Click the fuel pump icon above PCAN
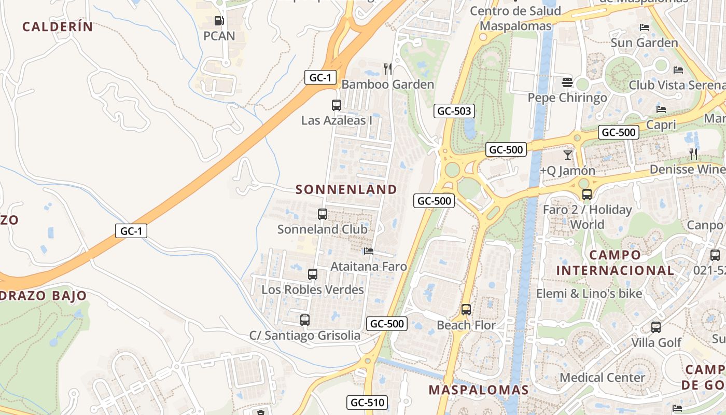coord(219,21)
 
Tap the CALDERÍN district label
coord(58,27)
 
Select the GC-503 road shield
coord(454,111)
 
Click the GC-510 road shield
coord(367,403)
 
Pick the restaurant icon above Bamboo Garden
coord(388,68)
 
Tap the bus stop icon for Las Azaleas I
coord(337,105)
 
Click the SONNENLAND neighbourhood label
coord(346,189)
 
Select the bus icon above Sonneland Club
coord(323,214)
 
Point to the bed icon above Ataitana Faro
coord(368,251)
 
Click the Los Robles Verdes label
coord(313,289)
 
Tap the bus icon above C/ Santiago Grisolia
coord(305,320)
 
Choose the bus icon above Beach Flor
coord(466,310)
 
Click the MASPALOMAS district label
coord(479,390)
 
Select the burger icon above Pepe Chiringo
coord(567,82)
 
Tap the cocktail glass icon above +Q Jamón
coord(568,155)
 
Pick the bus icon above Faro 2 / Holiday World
coord(587,195)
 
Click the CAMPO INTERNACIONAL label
coord(615,262)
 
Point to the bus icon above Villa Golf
coord(656,327)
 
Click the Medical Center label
coord(602,377)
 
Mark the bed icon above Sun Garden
coord(645,27)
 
